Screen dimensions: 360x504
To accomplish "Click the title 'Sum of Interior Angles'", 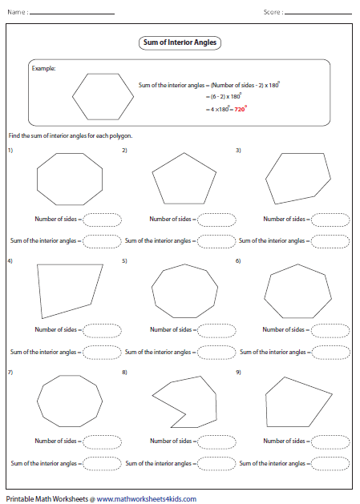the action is (x=179, y=42).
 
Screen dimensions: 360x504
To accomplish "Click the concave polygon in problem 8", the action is (x=179, y=400).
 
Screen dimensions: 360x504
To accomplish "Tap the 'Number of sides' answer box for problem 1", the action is (x=102, y=219).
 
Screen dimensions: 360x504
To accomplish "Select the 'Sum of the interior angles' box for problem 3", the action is (x=330, y=240).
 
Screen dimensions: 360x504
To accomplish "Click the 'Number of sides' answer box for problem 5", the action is (x=216, y=329).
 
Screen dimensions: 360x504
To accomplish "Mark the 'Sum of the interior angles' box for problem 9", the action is (x=330, y=462).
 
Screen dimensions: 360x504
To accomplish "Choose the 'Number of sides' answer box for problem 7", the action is (x=102, y=441).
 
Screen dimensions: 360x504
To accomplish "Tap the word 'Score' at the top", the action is (x=273, y=12).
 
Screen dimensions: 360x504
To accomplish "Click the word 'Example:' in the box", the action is (x=43, y=69).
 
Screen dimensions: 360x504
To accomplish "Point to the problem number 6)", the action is (x=238, y=261).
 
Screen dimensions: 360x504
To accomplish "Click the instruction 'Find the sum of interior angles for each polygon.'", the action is (x=70, y=135).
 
